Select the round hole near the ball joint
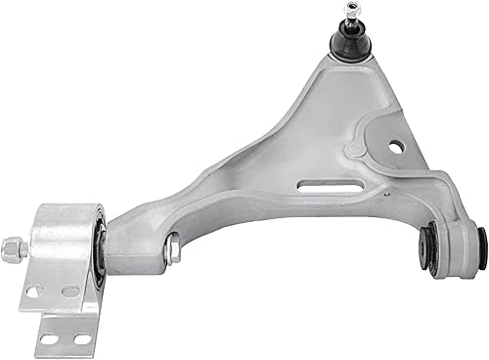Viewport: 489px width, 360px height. click(395, 147)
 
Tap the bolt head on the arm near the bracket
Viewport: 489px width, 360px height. click(172, 249)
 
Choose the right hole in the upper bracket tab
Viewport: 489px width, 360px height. click(70, 291)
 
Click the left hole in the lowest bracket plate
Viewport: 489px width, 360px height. click(49, 339)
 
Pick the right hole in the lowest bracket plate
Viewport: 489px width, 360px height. click(82, 339)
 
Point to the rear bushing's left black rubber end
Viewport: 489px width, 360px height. click(428, 247)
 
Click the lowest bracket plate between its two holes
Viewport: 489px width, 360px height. click(66, 339)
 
